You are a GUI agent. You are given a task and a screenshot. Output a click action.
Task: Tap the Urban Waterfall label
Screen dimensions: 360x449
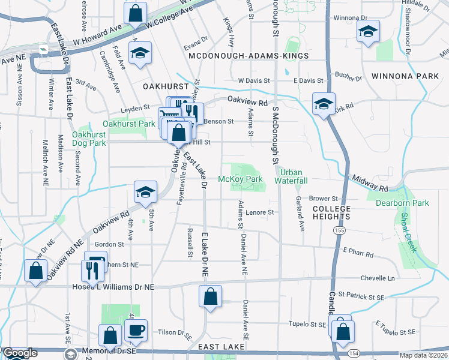pos(291,176)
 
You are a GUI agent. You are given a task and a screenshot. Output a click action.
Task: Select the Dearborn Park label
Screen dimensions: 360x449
pos(402,203)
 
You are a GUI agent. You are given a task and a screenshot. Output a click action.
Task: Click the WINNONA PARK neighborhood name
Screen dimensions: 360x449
pos(405,76)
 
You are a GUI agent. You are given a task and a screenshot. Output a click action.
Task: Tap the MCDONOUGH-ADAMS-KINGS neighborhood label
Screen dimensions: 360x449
pos(249,56)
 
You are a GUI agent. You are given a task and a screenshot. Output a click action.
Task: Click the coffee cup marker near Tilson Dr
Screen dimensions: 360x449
pos(136,329)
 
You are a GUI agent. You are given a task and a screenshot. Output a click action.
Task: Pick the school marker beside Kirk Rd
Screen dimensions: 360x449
pos(323,103)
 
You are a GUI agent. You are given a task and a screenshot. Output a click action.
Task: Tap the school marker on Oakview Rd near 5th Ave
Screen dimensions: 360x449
pos(145,191)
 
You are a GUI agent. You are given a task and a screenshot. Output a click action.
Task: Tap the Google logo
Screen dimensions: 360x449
pos(20,353)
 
